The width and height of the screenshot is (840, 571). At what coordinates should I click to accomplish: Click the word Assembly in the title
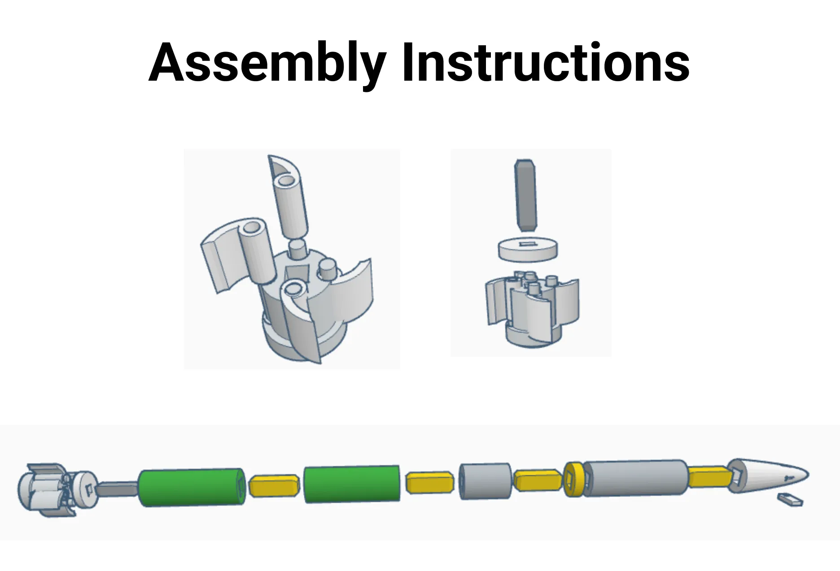267,64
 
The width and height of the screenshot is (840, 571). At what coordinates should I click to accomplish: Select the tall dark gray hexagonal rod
525,195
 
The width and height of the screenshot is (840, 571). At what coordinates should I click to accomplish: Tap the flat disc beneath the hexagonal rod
528,249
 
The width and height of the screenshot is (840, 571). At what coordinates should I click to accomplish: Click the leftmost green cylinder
192,488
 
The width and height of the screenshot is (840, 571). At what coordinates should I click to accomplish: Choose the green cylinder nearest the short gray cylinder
352,484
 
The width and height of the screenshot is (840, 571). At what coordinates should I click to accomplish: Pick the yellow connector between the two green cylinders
274,486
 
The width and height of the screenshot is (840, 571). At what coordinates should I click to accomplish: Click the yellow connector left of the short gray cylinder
430,482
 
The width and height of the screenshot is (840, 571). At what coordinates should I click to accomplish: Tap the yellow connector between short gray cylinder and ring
538,480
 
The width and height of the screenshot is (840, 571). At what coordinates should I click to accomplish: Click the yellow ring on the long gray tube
573,479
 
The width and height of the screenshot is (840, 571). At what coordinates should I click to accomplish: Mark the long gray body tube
635,477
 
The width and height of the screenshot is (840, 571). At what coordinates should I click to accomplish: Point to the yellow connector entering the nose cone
709,477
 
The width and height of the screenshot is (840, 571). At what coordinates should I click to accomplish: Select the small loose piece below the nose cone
790,499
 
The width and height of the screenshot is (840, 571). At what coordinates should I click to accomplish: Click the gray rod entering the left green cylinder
118,489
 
